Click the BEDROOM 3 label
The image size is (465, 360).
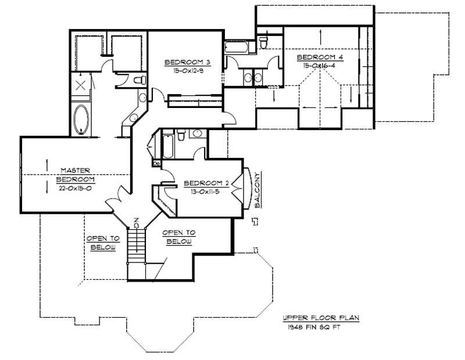click(x=183, y=62)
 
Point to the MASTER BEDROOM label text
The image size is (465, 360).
click(x=77, y=175)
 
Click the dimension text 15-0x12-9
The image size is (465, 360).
click(x=183, y=71)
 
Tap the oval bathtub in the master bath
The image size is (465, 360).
click(x=81, y=118)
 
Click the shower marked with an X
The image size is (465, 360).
click(x=81, y=87)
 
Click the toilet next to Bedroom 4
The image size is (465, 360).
click(x=263, y=42)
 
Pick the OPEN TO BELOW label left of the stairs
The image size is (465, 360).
click(x=103, y=243)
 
